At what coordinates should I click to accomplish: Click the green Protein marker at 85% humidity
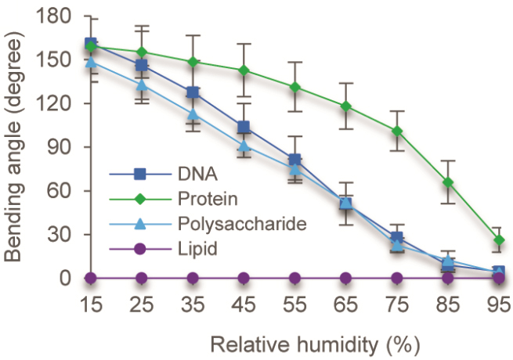[448, 182]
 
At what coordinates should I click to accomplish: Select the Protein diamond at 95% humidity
[499, 240]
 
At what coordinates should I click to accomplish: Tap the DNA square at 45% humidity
[244, 128]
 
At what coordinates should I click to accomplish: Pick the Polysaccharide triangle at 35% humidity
[193, 114]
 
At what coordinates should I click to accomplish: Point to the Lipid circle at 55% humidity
[294, 278]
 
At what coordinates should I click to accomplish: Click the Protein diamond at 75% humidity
[397, 131]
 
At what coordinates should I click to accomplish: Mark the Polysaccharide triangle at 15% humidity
[91, 62]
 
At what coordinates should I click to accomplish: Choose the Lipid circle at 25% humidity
[142, 278]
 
